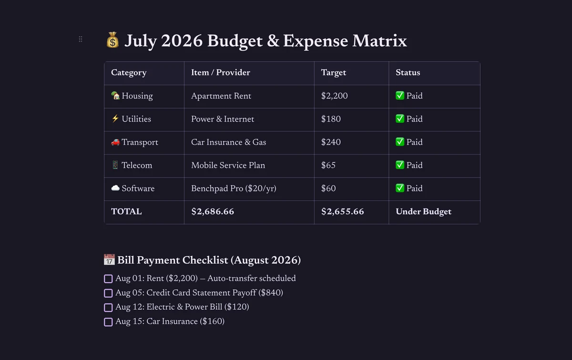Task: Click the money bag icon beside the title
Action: point(112,40)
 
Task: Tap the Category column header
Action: point(129,73)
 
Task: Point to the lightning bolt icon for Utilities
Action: point(115,119)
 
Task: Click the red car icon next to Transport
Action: point(115,142)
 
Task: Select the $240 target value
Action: point(331,142)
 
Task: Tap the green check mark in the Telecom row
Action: point(400,165)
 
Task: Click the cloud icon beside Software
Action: point(115,188)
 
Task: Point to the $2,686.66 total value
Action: point(213,212)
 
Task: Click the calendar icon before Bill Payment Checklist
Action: point(109,259)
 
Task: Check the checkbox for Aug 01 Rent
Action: point(108,279)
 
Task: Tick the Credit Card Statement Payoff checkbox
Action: point(108,293)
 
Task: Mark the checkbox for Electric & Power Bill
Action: point(108,308)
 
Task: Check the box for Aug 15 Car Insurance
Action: point(108,322)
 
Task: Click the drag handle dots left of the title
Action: point(81,39)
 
